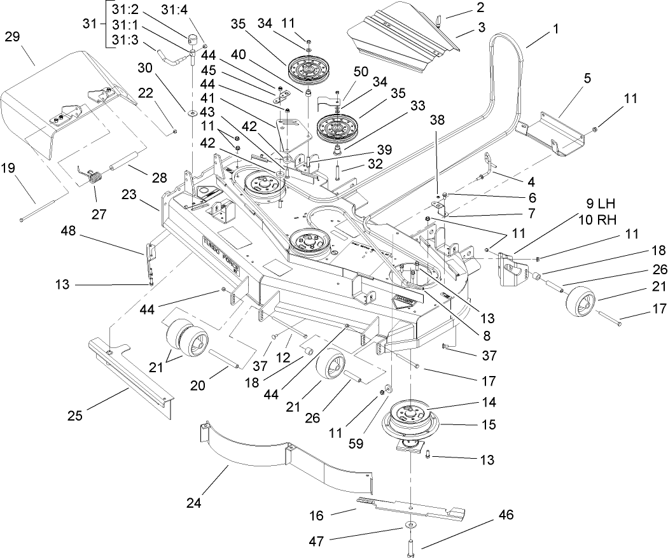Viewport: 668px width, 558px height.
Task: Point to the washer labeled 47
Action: click(405, 526)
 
